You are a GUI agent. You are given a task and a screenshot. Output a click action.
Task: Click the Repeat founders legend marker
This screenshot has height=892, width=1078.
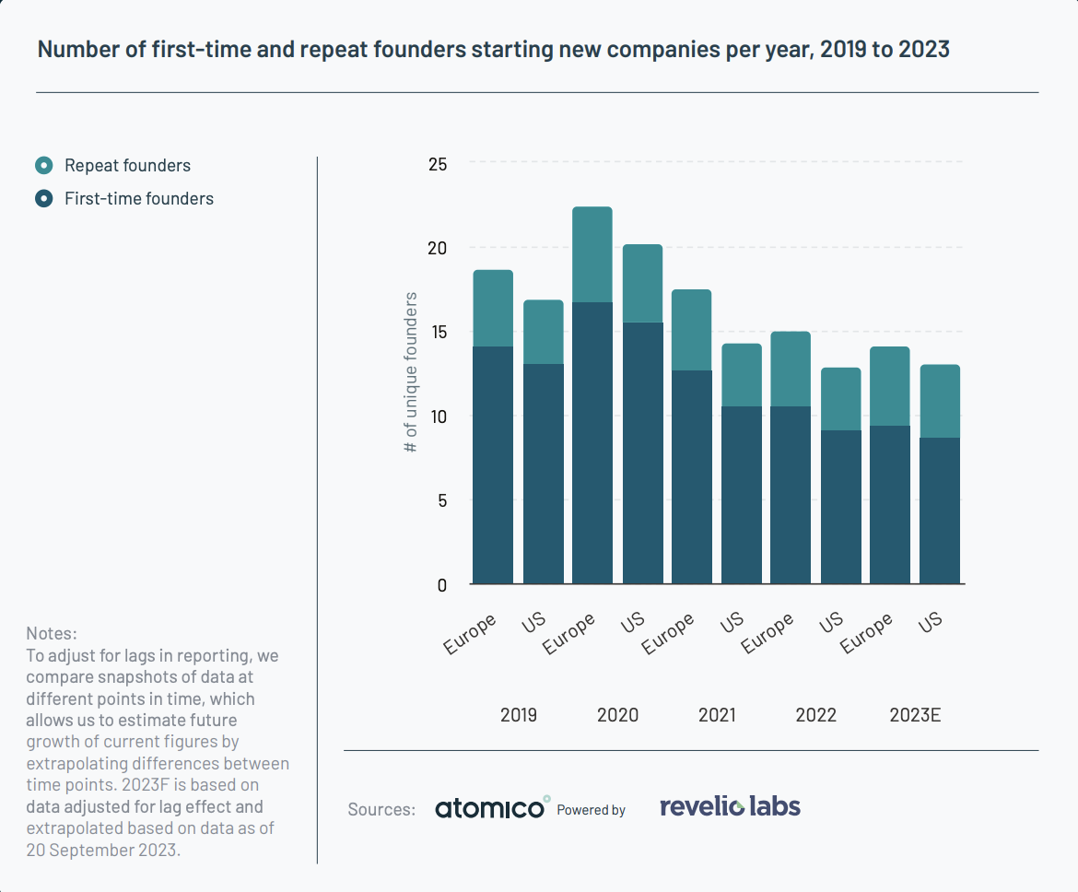(x=43, y=166)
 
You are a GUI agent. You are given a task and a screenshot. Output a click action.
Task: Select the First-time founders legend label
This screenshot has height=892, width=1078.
(x=138, y=198)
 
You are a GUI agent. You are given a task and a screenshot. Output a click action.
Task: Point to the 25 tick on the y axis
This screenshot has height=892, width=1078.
(x=438, y=164)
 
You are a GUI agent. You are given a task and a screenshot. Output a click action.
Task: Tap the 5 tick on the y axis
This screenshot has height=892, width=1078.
(x=441, y=500)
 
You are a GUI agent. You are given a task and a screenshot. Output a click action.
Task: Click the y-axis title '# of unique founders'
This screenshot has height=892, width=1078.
(x=411, y=372)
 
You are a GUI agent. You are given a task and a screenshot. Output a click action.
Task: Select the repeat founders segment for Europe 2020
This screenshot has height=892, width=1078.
(x=592, y=254)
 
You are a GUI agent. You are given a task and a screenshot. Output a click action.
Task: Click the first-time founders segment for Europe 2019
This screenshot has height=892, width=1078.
(x=493, y=464)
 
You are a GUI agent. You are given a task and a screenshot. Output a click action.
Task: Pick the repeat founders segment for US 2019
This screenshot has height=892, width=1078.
(x=543, y=332)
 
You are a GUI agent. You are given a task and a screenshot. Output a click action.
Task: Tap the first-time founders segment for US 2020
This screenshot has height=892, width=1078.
(x=642, y=452)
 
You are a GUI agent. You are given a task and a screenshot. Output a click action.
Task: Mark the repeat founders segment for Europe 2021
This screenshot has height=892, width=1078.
(x=691, y=330)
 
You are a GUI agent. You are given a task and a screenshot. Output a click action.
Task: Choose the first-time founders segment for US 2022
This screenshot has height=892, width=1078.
(x=840, y=507)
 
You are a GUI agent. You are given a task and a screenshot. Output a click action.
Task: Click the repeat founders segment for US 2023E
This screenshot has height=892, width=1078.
(x=940, y=401)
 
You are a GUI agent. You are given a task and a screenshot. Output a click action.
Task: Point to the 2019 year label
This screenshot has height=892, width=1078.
(x=519, y=715)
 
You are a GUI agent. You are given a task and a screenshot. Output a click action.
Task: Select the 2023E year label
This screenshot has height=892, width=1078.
(x=915, y=715)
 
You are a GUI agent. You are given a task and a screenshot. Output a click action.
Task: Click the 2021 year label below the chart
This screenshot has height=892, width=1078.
(x=717, y=715)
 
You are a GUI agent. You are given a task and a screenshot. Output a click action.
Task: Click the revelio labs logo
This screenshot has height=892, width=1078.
(x=730, y=806)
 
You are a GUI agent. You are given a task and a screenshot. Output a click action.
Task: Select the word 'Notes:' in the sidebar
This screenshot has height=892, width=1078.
(x=52, y=634)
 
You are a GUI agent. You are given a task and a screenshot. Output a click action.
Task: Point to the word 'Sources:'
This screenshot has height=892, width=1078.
(x=381, y=809)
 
